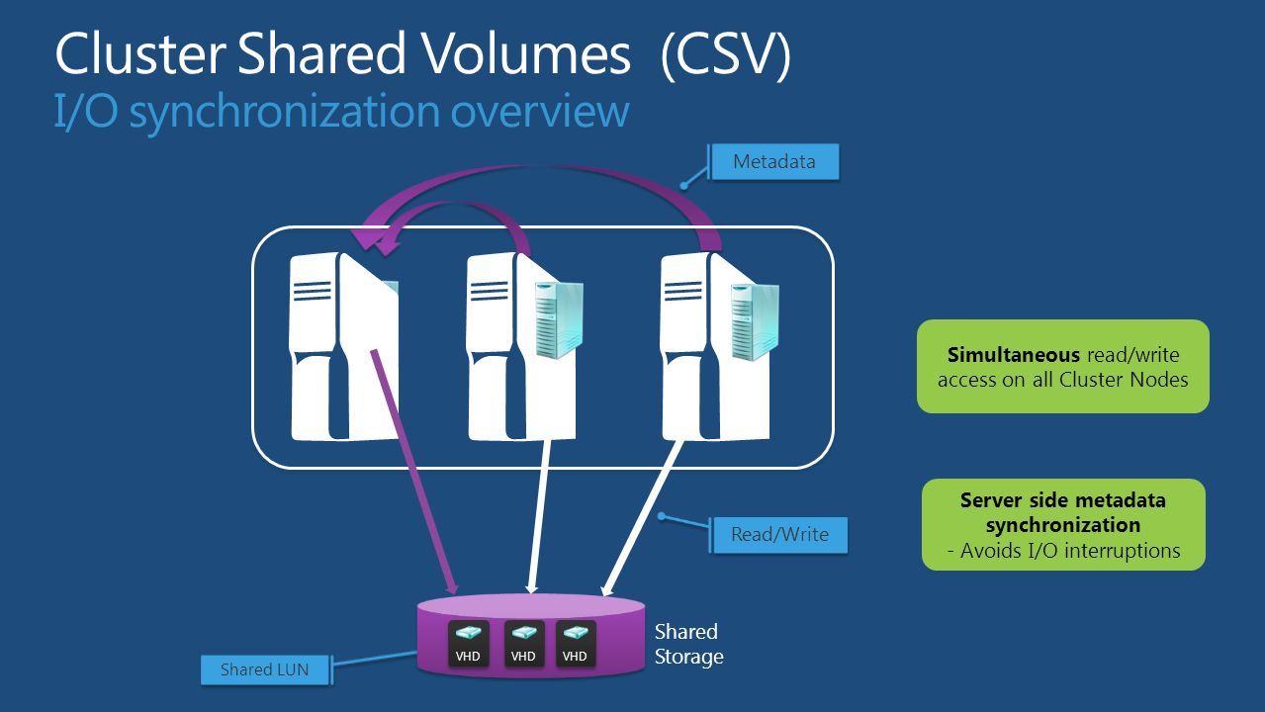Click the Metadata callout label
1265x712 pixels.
[x=774, y=162]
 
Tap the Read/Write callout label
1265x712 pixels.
[x=779, y=535]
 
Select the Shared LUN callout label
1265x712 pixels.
[x=264, y=669]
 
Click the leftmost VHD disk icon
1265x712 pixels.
[x=468, y=643]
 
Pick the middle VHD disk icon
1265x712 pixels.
[x=523, y=643]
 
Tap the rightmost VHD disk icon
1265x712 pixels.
[x=575, y=643]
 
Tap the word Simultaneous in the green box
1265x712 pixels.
[x=1013, y=355]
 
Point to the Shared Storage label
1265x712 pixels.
[x=688, y=644]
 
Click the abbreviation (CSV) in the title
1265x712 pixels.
[x=726, y=55]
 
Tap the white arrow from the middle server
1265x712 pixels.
[x=539, y=514]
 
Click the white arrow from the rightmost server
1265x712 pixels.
[x=643, y=514]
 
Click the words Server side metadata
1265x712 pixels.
[x=1063, y=500]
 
